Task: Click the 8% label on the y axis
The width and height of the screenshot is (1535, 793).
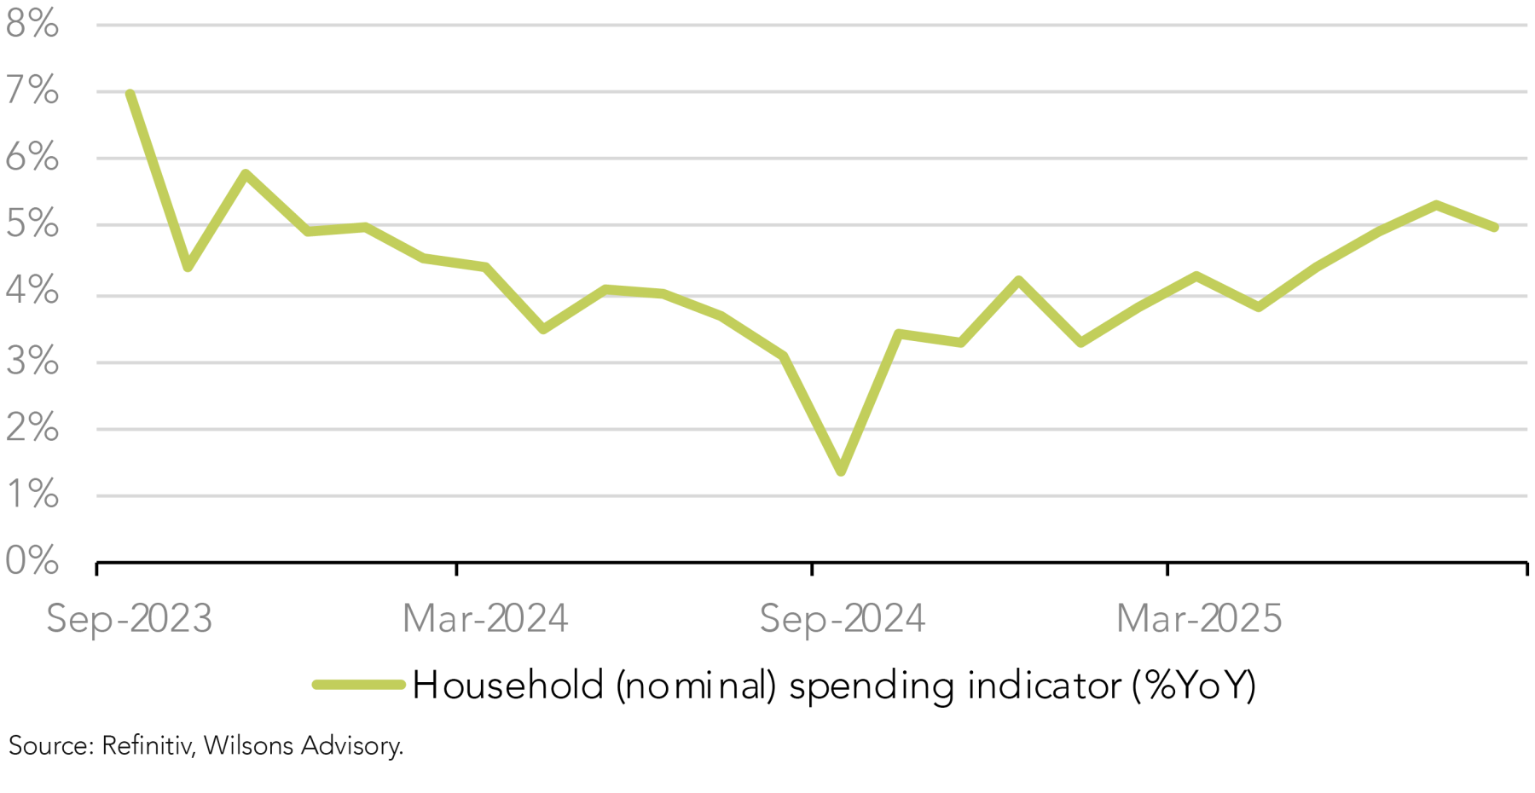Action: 32,24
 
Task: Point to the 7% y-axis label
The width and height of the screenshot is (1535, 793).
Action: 32,90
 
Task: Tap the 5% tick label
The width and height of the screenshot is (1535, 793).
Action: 32,224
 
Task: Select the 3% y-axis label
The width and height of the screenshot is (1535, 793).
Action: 32,362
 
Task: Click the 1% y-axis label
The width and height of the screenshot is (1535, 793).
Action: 32,495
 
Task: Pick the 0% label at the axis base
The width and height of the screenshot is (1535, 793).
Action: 32,561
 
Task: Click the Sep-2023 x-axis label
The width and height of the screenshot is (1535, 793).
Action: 129,618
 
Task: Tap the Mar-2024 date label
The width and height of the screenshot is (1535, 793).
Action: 485,618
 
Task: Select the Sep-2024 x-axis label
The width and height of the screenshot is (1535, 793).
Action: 842,618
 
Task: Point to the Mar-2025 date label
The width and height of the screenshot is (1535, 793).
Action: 1199,618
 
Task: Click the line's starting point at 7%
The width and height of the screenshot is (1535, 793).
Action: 130,93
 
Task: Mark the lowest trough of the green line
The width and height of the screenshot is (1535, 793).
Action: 841,471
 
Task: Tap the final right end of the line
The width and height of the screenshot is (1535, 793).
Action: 1495,228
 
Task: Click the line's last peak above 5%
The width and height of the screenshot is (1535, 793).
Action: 1436,205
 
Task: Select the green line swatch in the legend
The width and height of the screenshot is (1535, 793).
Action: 358,685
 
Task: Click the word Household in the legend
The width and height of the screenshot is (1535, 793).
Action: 508,685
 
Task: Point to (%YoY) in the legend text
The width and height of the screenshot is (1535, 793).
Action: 1194,685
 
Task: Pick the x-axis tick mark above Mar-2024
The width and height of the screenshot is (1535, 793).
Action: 456,569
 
